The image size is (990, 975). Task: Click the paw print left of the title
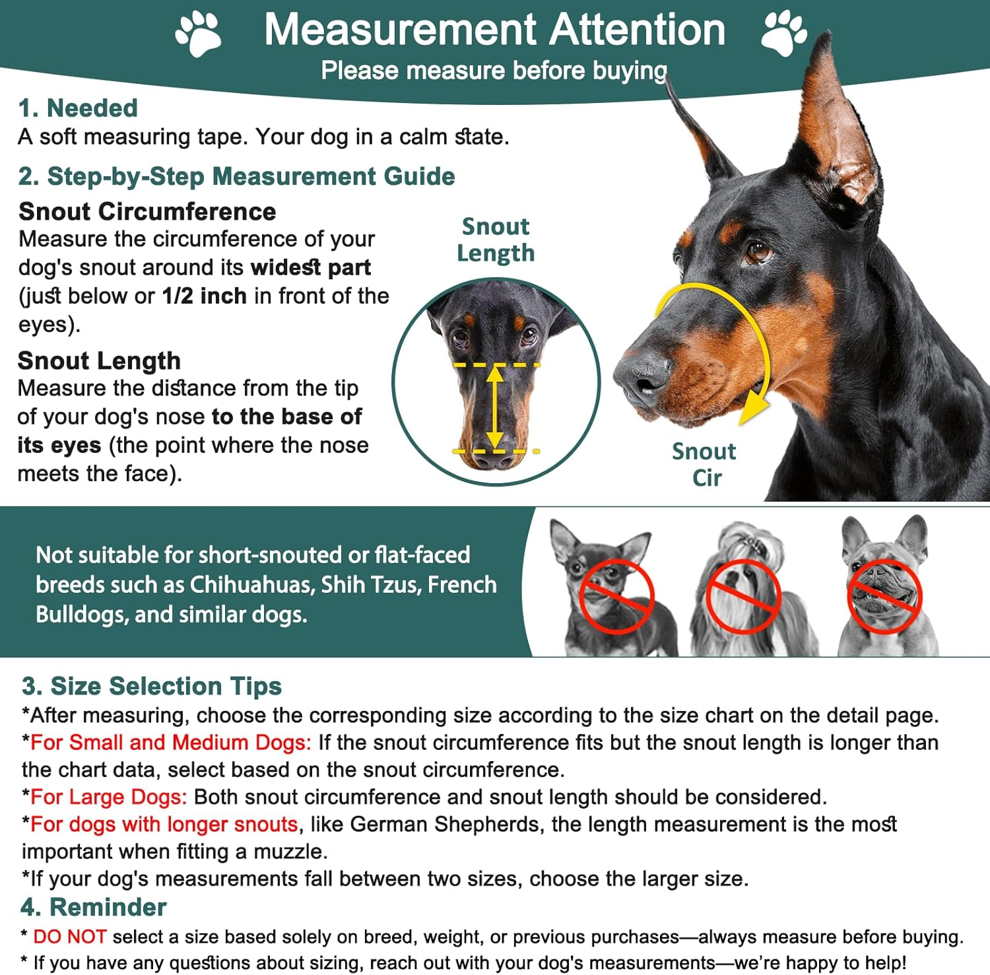point(199,34)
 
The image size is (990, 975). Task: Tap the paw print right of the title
point(783,34)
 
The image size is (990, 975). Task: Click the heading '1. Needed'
point(78,108)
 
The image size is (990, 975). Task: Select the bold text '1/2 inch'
point(205,296)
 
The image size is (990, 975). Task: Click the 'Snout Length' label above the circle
point(496,240)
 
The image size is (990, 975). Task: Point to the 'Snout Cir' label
point(704,464)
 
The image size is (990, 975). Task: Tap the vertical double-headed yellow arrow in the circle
point(495,408)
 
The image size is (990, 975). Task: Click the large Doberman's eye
point(758,252)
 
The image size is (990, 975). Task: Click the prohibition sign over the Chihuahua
point(616,596)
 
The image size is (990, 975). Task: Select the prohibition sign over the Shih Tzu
point(743,596)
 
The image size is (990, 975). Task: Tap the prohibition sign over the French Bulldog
point(884,596)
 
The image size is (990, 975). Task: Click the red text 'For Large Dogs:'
point(109,797)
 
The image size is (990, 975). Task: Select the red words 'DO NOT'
point(70,936)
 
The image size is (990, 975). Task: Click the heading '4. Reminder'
point(94,907)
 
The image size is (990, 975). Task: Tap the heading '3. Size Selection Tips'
point(152,686)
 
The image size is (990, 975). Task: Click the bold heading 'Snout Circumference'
point(147,211)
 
